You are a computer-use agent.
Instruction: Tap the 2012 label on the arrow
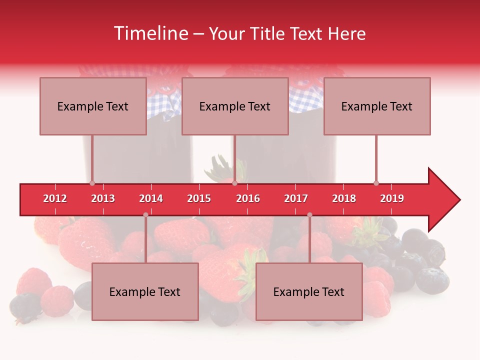pyautogui.click(x=55, y=198)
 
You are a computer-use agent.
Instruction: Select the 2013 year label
pyautogui.click(x=103, y=198)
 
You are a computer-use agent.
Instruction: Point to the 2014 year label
pyautogui.click(x=151, y=198)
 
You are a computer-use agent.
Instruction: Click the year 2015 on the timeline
pyautogui.click(x=199, y=198)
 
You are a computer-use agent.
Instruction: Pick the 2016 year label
pyautogui.click(x=248, y=198)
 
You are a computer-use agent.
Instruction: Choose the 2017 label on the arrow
pyautogui.click(x=296, y=198)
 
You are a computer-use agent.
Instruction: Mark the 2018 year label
pyautogui.click(x=344, y=198)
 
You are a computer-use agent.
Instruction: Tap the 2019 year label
pyautogui.click(x=392, y=198)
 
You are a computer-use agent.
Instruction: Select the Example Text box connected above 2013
pyautogui.click(x=93, y=106)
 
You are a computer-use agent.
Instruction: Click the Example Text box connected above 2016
pyautogui.click(x=235, y=106)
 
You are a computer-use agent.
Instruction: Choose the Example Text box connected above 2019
pyautogui.click(x=377, y=106)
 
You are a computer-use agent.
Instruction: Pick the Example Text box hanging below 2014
pyautogui.click(x=145, y=291)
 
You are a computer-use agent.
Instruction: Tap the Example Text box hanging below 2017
pyautogui.click(x=309, y=291)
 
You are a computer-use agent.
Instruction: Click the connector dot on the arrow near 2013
pyautogui.click(x=92, y=183)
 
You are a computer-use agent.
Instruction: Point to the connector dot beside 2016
pyautogui.click(x=234, y=183)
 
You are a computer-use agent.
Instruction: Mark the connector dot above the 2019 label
pyautogui.click(x=376, y=183)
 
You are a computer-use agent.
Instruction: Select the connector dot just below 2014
pyautogui.click(x=145, y=215)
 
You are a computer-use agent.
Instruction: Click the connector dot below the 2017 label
pyautogui.click(x=309, y=215)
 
